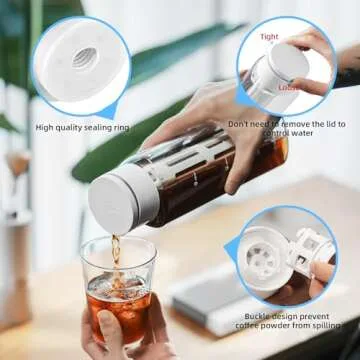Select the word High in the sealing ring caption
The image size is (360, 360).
(x=46, y=127)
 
